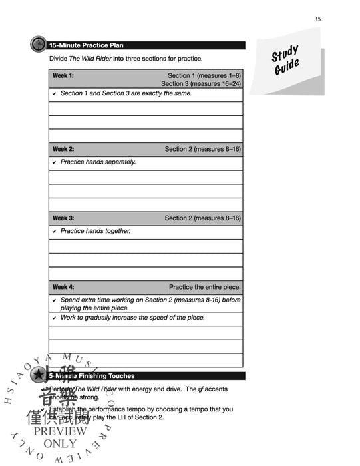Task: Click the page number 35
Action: click(x=317, y=19)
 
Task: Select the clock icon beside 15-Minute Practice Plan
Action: click(x=39, y=45)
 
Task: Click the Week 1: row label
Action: click(x=63, y=75)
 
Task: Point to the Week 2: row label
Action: click(x=63, y=149)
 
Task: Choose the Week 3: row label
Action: click(x=63, y=218)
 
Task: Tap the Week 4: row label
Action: click(x=63, y=287)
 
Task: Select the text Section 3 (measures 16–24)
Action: click(x=200, y=84)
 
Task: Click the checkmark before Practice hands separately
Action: click(x=54, y=162)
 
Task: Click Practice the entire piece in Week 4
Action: click(x=204, y=287)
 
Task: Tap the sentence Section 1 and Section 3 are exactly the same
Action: click(x=126, y=93)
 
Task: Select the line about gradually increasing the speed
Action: click(x=132, y=318)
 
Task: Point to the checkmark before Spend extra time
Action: click(x=54, y=300)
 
